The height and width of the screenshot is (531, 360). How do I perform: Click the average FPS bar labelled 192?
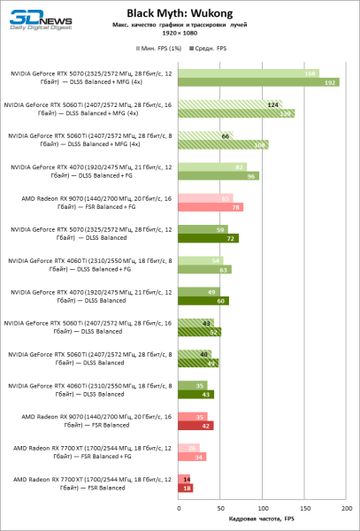259,82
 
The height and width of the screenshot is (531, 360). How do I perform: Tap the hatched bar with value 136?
236,114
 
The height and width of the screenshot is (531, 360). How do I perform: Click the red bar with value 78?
211,207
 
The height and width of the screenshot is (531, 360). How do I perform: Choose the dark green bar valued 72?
208,238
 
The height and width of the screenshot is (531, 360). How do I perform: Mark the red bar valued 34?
192,457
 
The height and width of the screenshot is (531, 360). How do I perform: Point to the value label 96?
252,176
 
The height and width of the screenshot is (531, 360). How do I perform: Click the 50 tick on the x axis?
220,508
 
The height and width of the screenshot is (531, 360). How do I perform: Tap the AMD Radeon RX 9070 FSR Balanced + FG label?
88,203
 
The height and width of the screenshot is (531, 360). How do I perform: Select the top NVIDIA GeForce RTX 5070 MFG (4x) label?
88,78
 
